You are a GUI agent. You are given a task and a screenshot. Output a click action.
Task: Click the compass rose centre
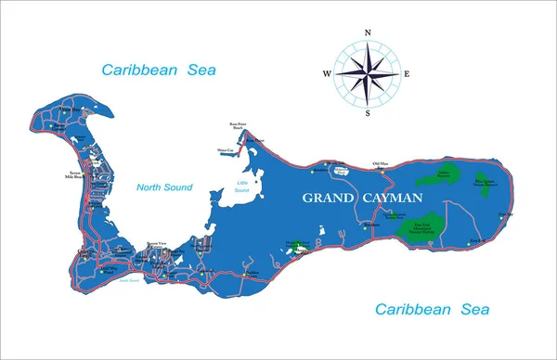[368, 72]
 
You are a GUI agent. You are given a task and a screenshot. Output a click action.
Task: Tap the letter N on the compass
[368, 32]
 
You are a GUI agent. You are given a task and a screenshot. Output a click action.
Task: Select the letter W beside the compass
[327, 73]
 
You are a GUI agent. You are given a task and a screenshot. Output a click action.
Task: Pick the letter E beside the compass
[408, 73]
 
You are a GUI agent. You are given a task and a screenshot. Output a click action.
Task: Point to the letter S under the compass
[368, 113]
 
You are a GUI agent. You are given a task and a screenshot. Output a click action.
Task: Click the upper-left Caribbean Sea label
[154, 69]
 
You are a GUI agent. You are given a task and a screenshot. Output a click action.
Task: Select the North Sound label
[163, 187]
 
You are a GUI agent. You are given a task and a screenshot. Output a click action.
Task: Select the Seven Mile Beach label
[76, 175]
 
